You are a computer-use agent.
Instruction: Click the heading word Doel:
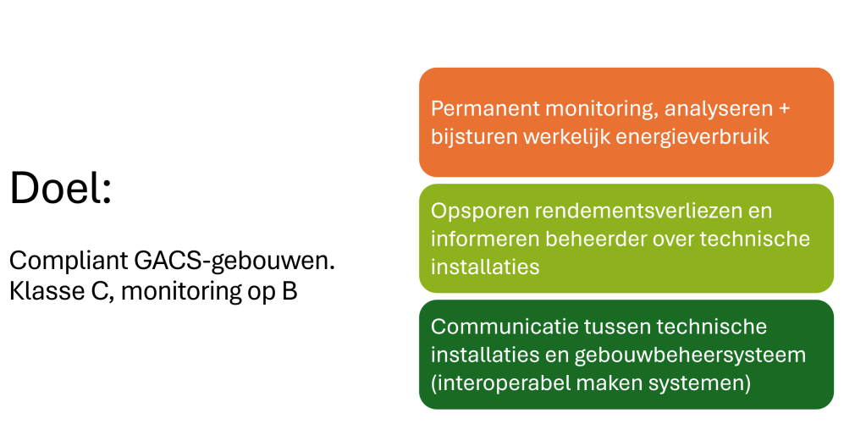pos(61,188)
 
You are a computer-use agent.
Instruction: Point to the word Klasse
pos(47,291)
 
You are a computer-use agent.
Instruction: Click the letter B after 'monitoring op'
pos(290,291)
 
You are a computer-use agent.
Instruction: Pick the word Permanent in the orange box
pos(485,108)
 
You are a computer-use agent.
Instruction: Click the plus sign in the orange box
pos(784,108)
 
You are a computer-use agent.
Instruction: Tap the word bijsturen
pos(474,137)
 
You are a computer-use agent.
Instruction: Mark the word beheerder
pos(596,239)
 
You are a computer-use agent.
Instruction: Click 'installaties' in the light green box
pos(485,267)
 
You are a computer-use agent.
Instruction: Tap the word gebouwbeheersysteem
pos(690,355)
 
